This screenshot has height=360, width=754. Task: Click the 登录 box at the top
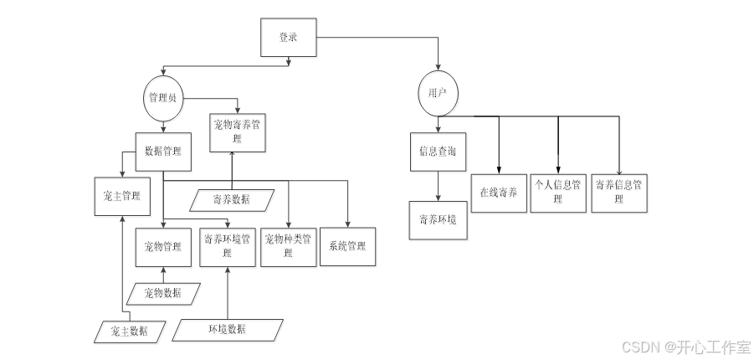(x=288, y=38)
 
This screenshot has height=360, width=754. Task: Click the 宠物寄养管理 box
(x=238, y=131)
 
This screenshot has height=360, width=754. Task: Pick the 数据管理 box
(x=162, y=152)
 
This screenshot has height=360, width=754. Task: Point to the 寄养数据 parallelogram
(x=231, y=199)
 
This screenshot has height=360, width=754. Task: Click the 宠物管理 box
(x=163, y=247)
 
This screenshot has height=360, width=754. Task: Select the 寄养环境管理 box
(x=228, y=246)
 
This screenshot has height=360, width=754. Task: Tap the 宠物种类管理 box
(x=289, y=245)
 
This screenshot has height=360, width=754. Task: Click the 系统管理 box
(x=346, y=246)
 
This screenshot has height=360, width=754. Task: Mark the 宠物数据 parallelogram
(x=166, y=293)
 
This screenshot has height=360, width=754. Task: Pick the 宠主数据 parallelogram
(x=129, y=331)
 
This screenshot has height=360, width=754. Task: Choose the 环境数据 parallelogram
(x=227, y=329)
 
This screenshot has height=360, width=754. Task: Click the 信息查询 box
(x=438, y=152)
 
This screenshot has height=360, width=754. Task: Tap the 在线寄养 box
(x=498, y=193)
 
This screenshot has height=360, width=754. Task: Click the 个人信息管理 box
(x=558, y=192)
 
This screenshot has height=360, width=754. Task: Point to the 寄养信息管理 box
(x=619, y=192)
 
